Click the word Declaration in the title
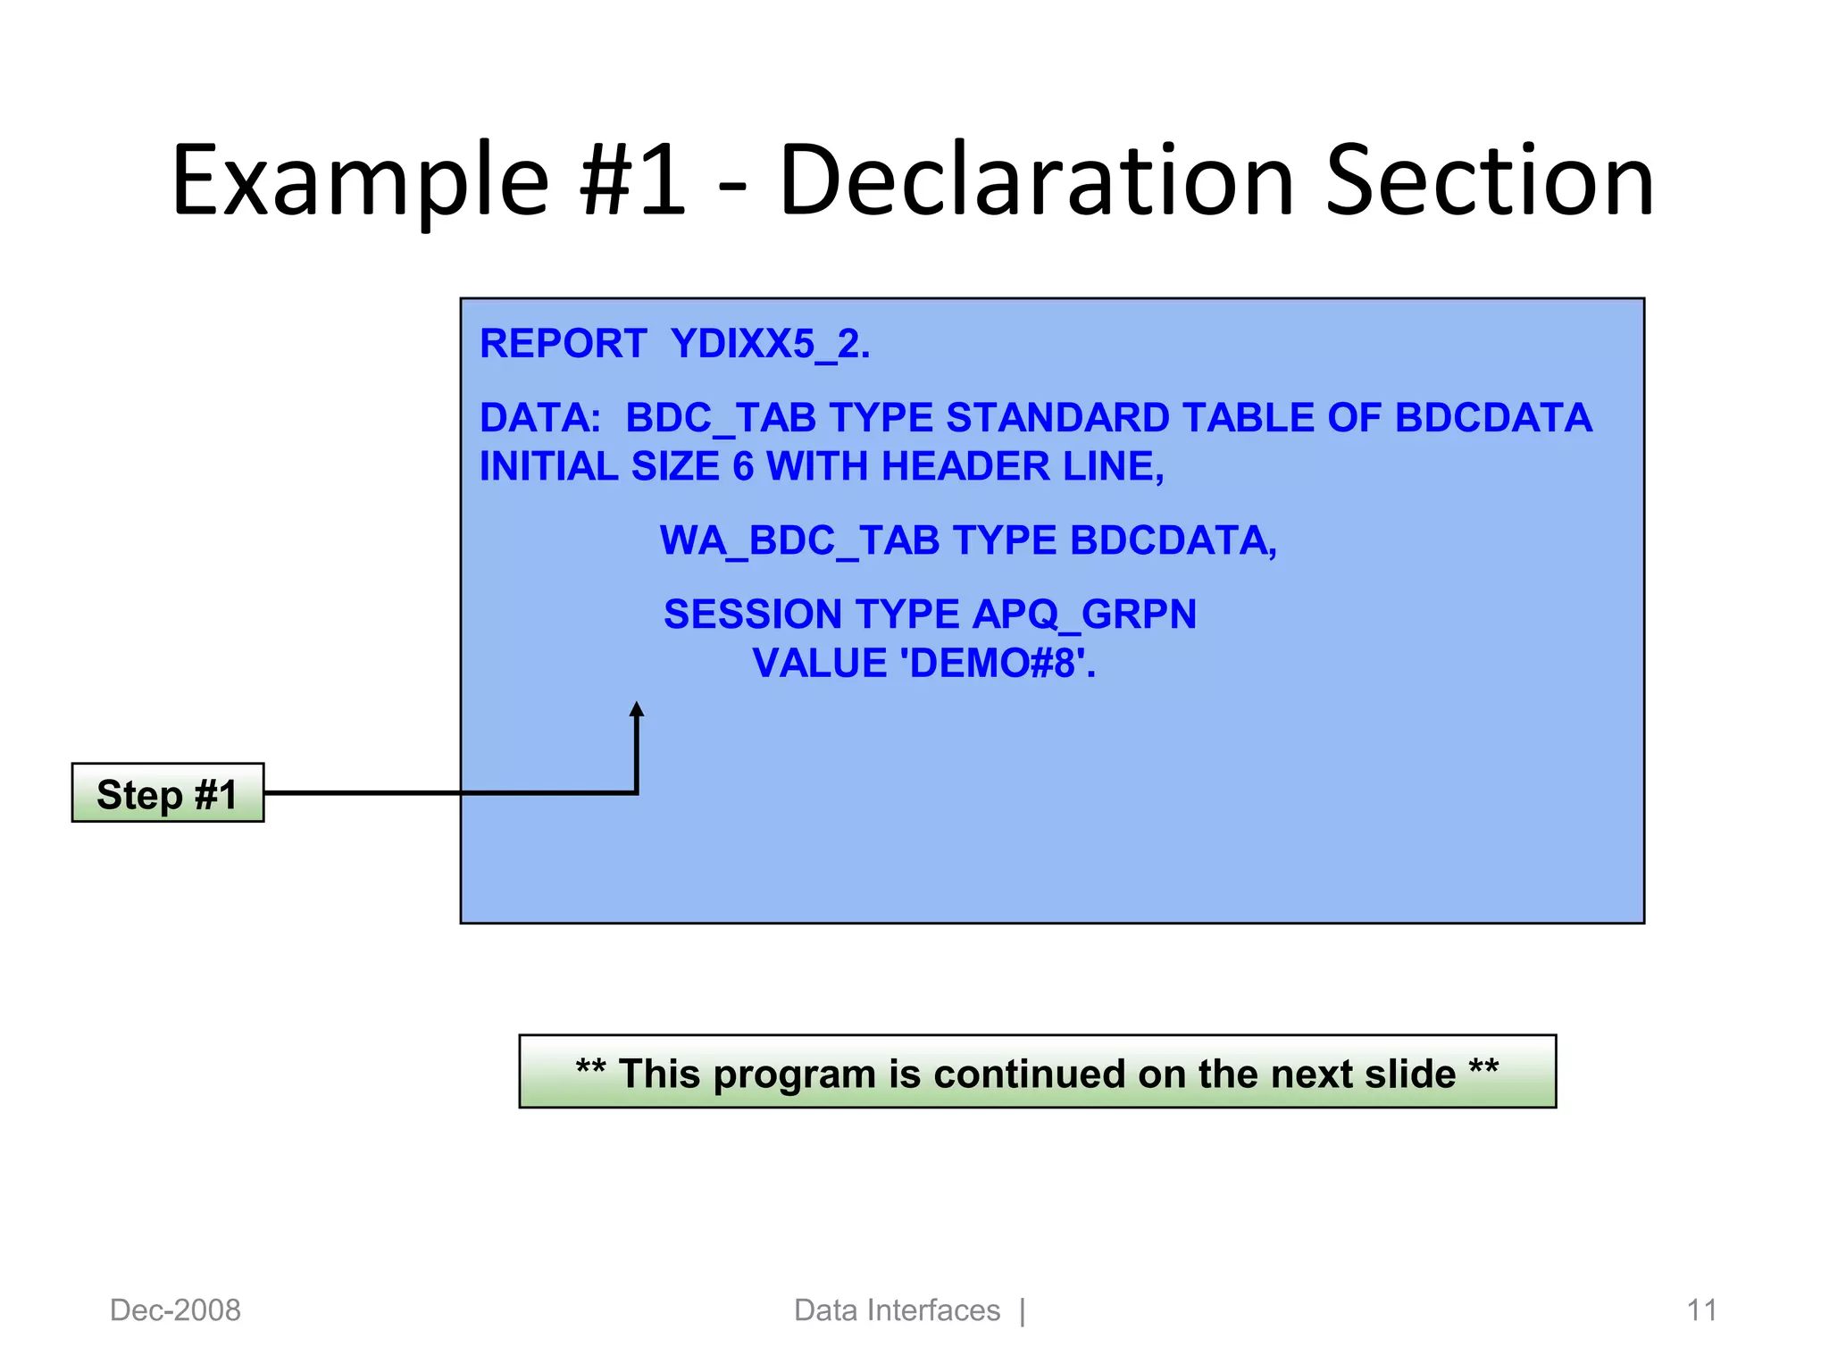(1036, 181)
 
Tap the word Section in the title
(1490, 181)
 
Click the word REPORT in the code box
(563, 344)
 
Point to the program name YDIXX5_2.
(770, 344)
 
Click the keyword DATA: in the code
(540, 418)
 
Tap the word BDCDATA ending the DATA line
(1493, 418)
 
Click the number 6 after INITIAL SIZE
(743, 466)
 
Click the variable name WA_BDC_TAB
(799, 540)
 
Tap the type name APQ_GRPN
(1084, 615)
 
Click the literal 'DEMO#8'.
(998, 664)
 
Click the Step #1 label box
(168, 793)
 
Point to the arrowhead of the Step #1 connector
(637, 710)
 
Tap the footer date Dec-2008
(175, 1310)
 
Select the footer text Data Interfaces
(897, 1310)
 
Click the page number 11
(1700, 1310)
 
